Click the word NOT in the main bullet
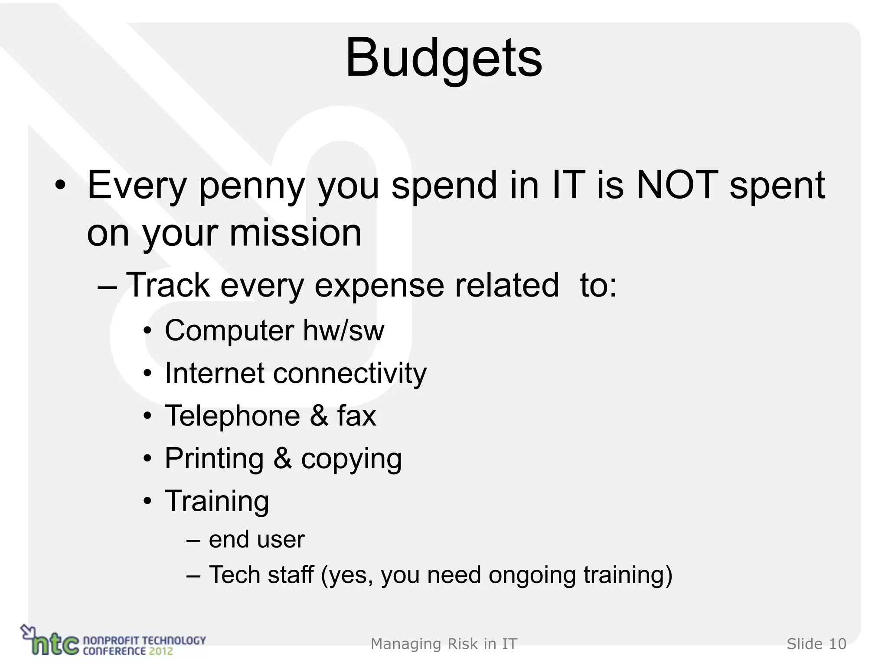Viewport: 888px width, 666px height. (677, 185)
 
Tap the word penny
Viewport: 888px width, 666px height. (252, 186)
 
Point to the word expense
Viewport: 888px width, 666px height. (379, 286)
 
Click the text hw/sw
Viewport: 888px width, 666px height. (343, 330)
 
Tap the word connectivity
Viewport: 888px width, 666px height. (350, 374)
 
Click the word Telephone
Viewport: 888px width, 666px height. (232, 415)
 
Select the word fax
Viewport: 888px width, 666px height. (356, 415)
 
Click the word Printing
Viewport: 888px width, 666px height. (214, 459)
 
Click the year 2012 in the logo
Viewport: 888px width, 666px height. (160, 651)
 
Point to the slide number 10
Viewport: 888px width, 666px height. (837, 644)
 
